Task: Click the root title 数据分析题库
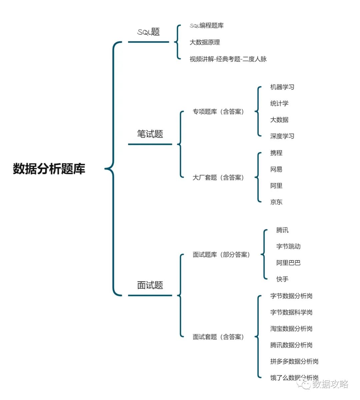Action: coord(49,169)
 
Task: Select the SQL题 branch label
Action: coord(149,32)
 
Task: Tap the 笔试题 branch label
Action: coord(150,134)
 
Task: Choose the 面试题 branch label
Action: coord(150,285)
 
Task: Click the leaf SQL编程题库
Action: coord(207,26)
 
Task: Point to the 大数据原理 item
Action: coord(205,42)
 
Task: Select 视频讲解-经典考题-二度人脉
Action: coord(228,59)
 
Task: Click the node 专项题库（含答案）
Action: coord(218,112)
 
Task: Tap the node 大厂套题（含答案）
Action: coord(218,178)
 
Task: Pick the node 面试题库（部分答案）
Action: coord(221,255)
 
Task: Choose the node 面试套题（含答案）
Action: coord(218,337)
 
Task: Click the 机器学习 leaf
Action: coord(282,87)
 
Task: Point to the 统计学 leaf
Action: coord(279,103)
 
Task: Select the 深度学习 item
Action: coord(282,136)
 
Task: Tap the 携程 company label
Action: coord(276,153)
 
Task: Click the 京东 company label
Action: coord(276,202)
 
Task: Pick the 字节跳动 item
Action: coord(288,246)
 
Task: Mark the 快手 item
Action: coord(282,279)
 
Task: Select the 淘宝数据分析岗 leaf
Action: coord(291,329)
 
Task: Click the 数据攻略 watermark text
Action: coord(330,384)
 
